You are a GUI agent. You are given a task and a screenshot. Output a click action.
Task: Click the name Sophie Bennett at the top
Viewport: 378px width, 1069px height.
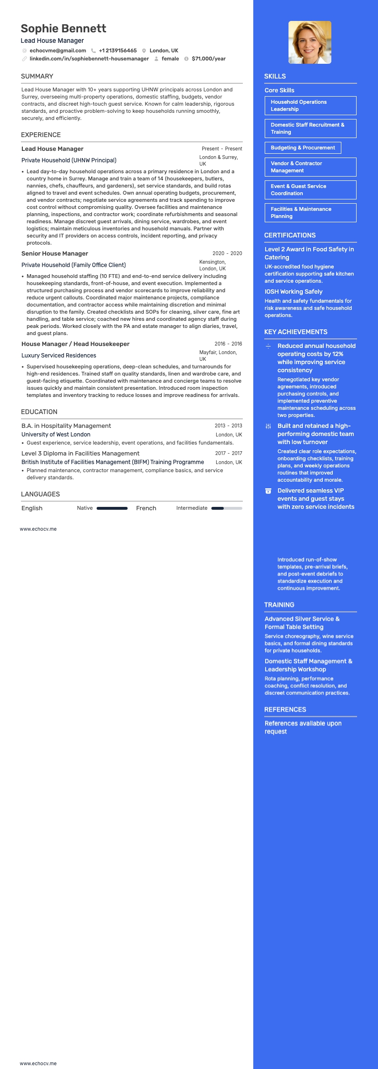pyautogui.click(x=63, y=29)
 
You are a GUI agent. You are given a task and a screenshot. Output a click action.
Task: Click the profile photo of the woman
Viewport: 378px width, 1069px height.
pyautogui.click(x=310, y=42)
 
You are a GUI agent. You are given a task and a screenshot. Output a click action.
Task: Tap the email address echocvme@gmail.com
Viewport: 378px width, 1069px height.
pyautogui.click(x=58, y=50)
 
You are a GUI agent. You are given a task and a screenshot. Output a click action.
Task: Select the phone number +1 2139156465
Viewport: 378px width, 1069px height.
pyautogui.click(x=118, y=50)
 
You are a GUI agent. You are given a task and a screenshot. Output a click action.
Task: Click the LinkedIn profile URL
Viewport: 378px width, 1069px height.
pyautogui.click(x=89, y=59)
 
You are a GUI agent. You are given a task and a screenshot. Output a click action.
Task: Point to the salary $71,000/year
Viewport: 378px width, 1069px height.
pyautogui.click(x=209, y=59)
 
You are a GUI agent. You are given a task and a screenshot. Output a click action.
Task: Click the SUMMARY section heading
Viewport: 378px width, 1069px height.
pyautogui.click(x=37, y=76)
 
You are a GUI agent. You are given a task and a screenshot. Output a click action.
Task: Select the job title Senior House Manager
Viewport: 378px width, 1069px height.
pyautogui.click(x=55, y=254)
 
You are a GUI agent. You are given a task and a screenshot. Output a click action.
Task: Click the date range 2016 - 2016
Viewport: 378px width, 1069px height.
pyautogui.click(x=228, y=344)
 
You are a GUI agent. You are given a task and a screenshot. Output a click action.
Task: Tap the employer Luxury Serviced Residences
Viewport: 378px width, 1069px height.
pyautogui.click(x=59, y=356)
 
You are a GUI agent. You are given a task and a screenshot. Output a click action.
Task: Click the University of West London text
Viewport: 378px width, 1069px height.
pyautogui.click(x=56, y=435)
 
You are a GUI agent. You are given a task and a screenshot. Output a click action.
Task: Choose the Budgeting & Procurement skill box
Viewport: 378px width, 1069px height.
pyautogui.click(x=303, y=148)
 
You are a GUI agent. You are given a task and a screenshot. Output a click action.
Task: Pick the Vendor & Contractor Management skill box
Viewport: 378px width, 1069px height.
pyautogui.click(x=310, y=167)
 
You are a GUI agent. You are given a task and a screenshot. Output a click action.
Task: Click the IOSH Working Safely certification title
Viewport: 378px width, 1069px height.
pyautogui.click(x=293, y=292)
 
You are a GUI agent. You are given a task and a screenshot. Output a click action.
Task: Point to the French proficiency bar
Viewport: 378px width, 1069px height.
pyautogui.click(x=227, y=508)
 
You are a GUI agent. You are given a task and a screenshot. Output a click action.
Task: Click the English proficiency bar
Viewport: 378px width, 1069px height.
pyautogui.click(x=112, y=508)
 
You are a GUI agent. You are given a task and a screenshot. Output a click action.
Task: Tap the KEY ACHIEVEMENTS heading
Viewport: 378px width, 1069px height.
pyautogui.click(x=296, y=332)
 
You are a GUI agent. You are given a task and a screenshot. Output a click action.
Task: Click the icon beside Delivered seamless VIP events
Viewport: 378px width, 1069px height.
pyautogui.click(x=269, y=491)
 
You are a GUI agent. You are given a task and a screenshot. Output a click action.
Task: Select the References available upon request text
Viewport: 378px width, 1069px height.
pyautogui.click(x=303, y=727)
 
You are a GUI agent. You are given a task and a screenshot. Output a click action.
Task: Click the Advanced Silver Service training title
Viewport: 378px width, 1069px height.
pyautogui.click(x=302, y=623)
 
